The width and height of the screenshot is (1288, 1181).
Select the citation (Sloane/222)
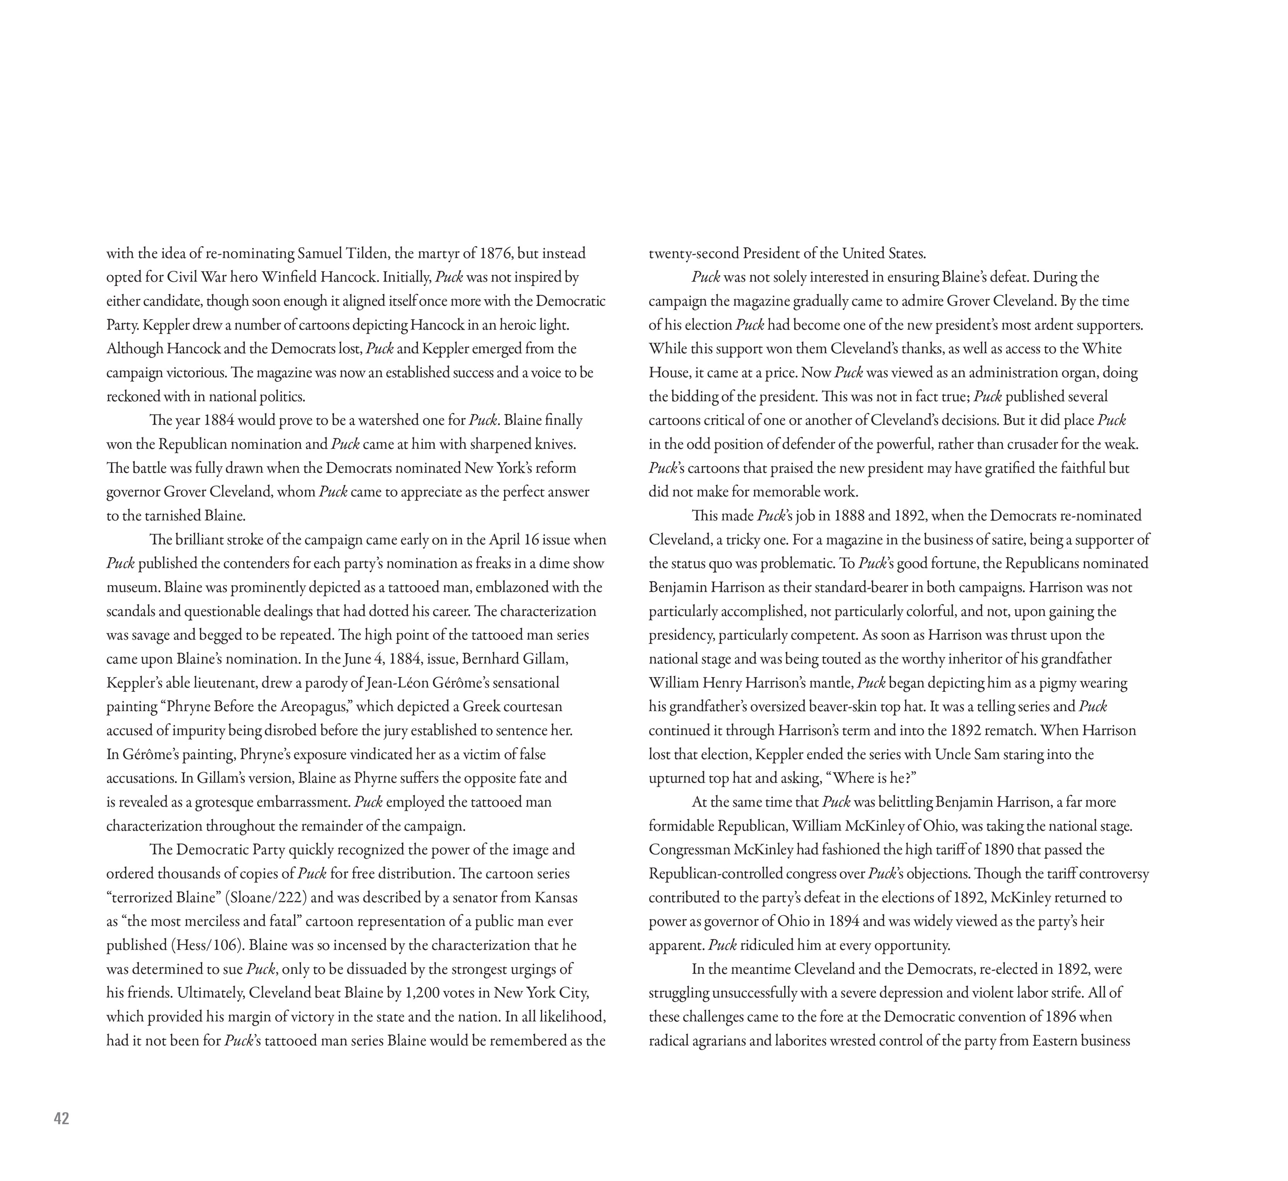pos(267,897)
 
